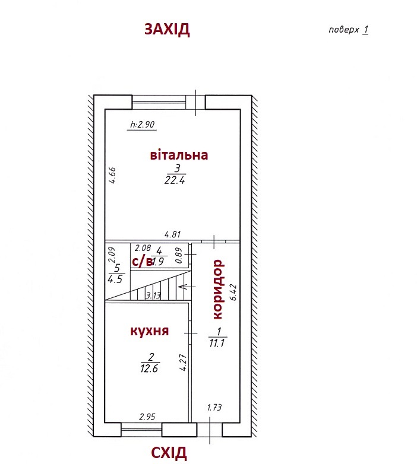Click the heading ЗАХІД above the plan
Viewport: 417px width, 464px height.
pos(167,29)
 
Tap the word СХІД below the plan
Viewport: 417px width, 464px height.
pos(169,453)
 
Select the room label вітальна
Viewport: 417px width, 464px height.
pos(179,155)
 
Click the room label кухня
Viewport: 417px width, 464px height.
pos(150,330)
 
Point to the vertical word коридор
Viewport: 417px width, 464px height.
pos(218,289)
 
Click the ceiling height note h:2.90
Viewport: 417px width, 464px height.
pos(142,124)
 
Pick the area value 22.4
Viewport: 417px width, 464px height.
pos(175,180)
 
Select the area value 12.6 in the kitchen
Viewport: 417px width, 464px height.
pos(149,368)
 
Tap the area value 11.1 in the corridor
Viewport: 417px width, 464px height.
pos(217,343)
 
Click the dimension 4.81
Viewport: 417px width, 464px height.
pos(172,234)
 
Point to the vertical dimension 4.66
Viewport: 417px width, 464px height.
pos(112,176)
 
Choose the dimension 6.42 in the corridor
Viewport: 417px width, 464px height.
pos(233,293)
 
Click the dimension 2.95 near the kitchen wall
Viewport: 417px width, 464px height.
pos(147,417)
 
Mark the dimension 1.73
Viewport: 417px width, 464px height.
pos(214,408)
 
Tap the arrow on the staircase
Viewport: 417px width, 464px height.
pos(187,287)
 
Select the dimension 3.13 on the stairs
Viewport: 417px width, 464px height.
pos(153,295)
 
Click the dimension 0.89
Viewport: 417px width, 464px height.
pos(178,256)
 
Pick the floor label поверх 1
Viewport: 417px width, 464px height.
pos(349,30)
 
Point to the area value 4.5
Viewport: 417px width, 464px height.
pos(115,279)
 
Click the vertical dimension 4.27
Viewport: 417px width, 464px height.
pos(184,363)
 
